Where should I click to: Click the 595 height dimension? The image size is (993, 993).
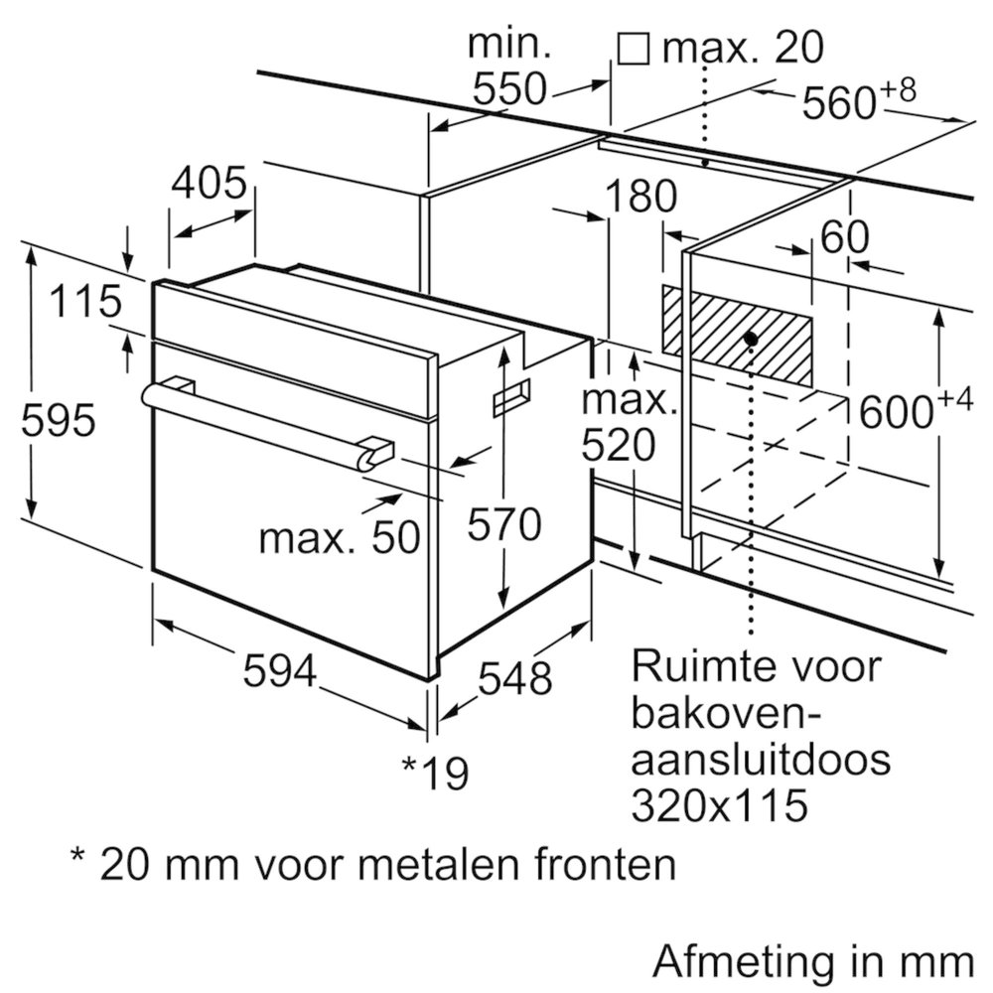(x=59, y=420)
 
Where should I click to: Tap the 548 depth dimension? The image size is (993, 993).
(x=514, y=678)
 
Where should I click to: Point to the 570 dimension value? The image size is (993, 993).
(x=504, y=523)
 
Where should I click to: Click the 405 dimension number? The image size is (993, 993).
(x=209, y=183)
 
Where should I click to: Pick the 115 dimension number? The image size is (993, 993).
(x=84, y=301)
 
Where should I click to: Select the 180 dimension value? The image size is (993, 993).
(x=640, y=197)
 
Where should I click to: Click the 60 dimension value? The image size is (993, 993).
(x=844, y=237)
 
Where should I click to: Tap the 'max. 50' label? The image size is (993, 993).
(x=340, y=537)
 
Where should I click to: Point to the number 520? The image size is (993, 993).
(x=619, y=445)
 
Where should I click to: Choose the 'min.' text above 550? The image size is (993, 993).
(x=509, y=44)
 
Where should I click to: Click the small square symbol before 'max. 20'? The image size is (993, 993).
(x=634, y=49)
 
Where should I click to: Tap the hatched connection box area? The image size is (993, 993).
(x=737, y=336)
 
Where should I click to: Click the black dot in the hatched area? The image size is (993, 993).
(x=751, y=339)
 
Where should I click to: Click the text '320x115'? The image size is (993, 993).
(x=719, y=805)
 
